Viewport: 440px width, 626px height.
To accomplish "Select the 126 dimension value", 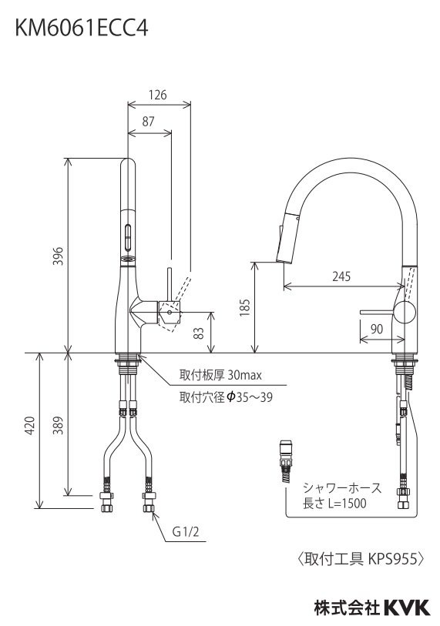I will coord(157,95).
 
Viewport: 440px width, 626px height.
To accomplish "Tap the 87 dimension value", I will coord(149,122).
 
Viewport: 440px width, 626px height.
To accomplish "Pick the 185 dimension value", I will coord(244,307).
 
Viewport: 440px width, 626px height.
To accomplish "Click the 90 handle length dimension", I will coord(378,329).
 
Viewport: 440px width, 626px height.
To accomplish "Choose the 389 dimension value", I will coord(59,425).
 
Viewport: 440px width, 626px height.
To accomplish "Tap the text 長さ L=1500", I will coord(334,504).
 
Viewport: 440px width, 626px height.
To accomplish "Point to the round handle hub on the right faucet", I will coord(405,312).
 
